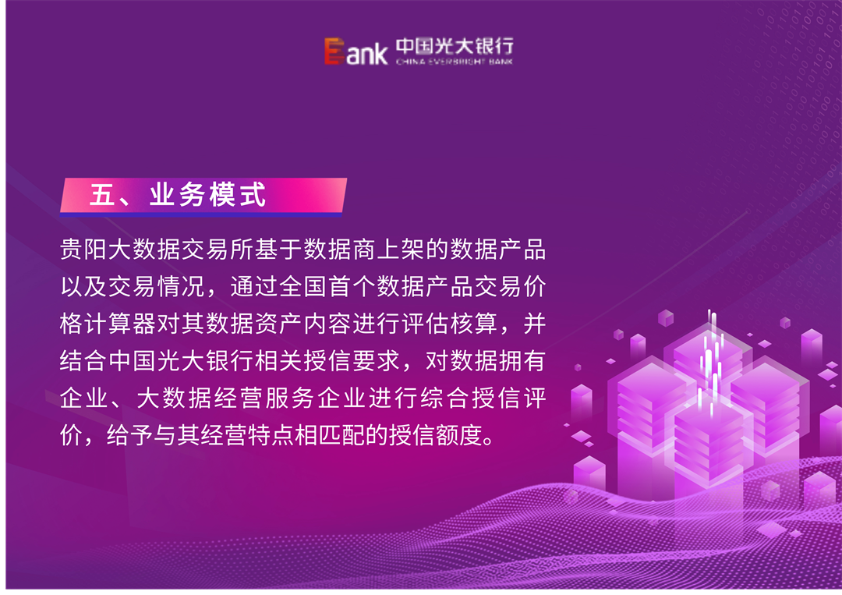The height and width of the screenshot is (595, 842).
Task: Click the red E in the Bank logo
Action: coord(334,51)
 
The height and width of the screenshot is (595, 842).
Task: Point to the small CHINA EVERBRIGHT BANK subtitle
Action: coord(454,61)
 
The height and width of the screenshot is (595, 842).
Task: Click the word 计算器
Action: coord(121,324)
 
